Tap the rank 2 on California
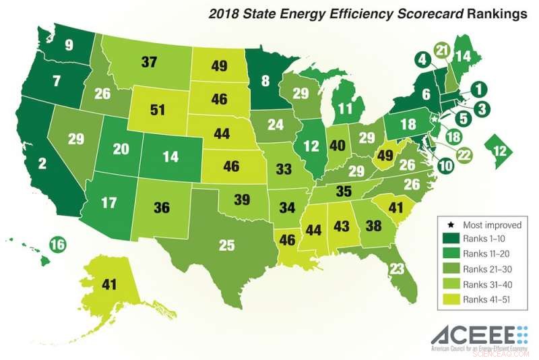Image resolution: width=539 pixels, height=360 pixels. click(x=41, y=162)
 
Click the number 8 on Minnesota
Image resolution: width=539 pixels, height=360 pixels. click(x=265, y=82)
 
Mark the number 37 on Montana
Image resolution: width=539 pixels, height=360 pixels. click(x=151, y=62)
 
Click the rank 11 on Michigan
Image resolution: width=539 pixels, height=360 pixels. click(x=346, y=108)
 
